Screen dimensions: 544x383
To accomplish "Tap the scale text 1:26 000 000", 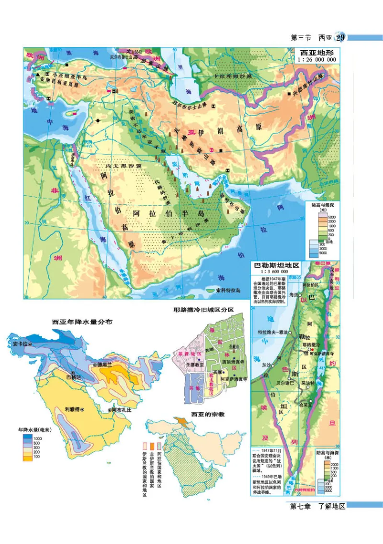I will click(316, 60).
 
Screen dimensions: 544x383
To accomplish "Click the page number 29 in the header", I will click(340, 38).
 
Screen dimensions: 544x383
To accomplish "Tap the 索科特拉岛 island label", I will click(226, 290).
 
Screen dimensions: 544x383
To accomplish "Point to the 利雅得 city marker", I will click(82, 410).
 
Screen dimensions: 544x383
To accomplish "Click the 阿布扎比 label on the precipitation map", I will click(120, 411).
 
